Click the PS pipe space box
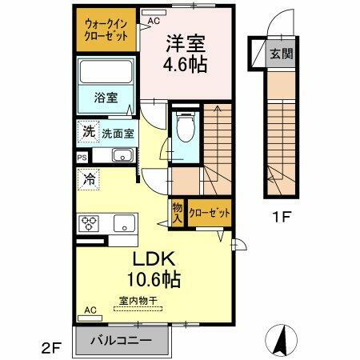click(x=82, y=158)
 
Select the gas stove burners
click(x=89, y=222)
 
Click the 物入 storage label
click(x=177, y=212)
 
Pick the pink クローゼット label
click(x=210, y=213)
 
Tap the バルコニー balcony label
click(x=124, y=341)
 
